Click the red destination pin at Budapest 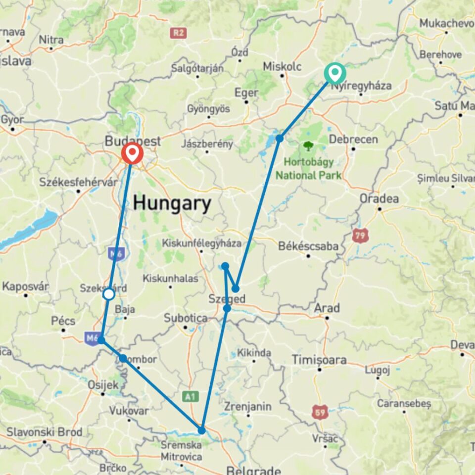(x=132, y=153)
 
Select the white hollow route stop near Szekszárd (x=109, y=294)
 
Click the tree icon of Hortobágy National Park (x=309, y=146)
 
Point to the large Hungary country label (x=172, y=203)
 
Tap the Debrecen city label (x=353, y=139)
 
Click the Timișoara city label (x=318, y=360)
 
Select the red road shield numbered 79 (x=360, y=236)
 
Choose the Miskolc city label (x=282, y=66)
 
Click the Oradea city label (x=380, y=198)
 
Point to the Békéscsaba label (x=309, y=246)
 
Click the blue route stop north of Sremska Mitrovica (x=201, y=430)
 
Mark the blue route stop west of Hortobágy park (x=280, y=138)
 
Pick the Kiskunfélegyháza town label (x=202, y=243)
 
